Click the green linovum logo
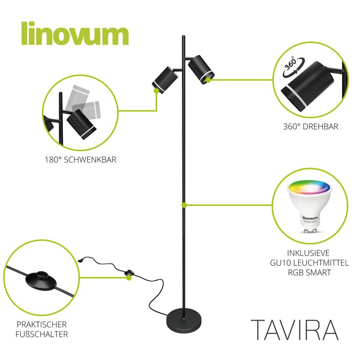click(x=75, y=34)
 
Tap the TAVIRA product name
click(x=295, y=330)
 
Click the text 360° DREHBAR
click(x=311, y=127)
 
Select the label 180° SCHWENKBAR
click(x=80, y=159)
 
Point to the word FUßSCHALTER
click(x=42, y=334)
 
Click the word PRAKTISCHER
click(x=42, y=324)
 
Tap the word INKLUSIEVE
click(x=308, y=253)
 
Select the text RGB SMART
click(x=309, y=272)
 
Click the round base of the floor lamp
click(x=184, y=320)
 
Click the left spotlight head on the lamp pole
click(x=165, y=80)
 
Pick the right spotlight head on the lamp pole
click(x=201, y=70)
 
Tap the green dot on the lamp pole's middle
click(x=184, y=205)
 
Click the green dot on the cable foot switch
click(x=129, y=277)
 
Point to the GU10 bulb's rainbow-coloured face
click(x=309, y=187)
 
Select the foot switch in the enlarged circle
click(x=41, y=281)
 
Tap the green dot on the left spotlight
click(x=156, y=91)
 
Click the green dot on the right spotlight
click(x=208, y=80)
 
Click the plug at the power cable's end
click(x=81, y=261)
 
